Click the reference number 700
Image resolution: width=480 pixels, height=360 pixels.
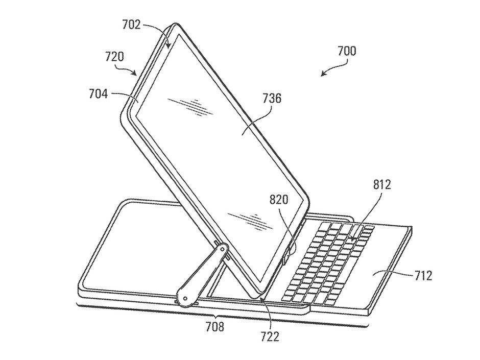(347, 51)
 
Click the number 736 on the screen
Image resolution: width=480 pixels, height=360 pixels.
(271, 99)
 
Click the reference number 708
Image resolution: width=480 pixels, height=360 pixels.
(214, 326)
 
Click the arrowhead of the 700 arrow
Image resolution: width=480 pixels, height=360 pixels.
(323, 75)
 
